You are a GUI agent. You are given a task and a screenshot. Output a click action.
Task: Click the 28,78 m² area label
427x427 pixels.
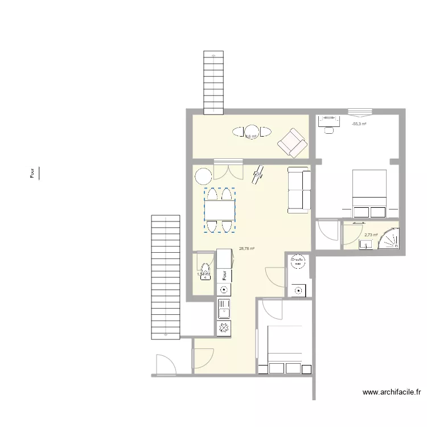click(x=247, y=249)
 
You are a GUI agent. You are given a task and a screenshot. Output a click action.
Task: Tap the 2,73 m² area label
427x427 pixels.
click(x=371, y=235)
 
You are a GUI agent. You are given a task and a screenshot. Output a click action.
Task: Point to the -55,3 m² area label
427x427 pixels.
click(x=359, y=124)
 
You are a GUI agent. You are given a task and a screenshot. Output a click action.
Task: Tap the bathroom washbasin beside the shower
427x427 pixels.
click(x=365, y=244)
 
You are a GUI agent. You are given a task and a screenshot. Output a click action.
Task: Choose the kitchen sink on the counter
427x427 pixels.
click(x=224, y=310)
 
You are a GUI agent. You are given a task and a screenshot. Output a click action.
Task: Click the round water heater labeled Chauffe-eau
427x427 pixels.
click(x=297, y=264)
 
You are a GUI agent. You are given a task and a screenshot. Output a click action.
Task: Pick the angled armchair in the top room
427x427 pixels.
click(x=292, y=142)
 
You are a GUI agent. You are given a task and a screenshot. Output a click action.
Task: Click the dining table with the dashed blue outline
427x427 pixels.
click(x=220, y=210)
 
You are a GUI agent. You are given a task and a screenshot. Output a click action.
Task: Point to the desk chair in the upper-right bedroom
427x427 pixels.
click(x=329, y=130)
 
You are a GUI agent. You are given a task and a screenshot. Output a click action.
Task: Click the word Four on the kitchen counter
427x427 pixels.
click(x=225, y=275)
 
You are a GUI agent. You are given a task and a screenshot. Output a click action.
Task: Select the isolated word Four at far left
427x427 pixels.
click(x=32, y=173)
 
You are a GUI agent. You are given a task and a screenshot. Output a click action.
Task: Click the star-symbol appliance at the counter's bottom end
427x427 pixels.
click(x=224, y=328)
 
